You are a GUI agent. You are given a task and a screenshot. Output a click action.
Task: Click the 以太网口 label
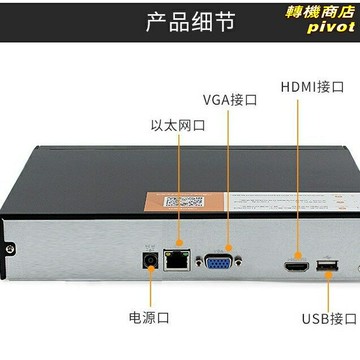[x=178, y=126]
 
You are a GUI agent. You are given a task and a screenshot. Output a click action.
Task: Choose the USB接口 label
[x=329, y=319]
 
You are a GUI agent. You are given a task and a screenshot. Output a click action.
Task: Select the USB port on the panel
[x=325, y=267]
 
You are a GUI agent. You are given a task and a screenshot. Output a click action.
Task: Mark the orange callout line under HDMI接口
[x=297, y=170]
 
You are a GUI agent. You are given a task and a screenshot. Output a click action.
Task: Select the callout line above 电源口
[x=150, y=290]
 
